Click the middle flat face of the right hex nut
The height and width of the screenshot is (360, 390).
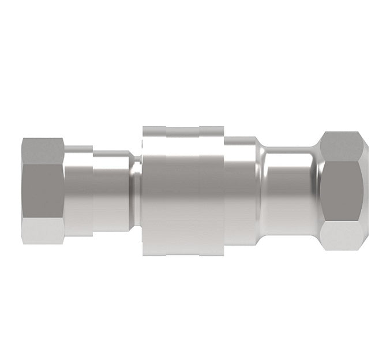pos(344,189)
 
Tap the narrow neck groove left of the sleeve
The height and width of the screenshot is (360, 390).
pos(135,189)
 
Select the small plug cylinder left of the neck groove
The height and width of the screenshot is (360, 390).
pos(112,189)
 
